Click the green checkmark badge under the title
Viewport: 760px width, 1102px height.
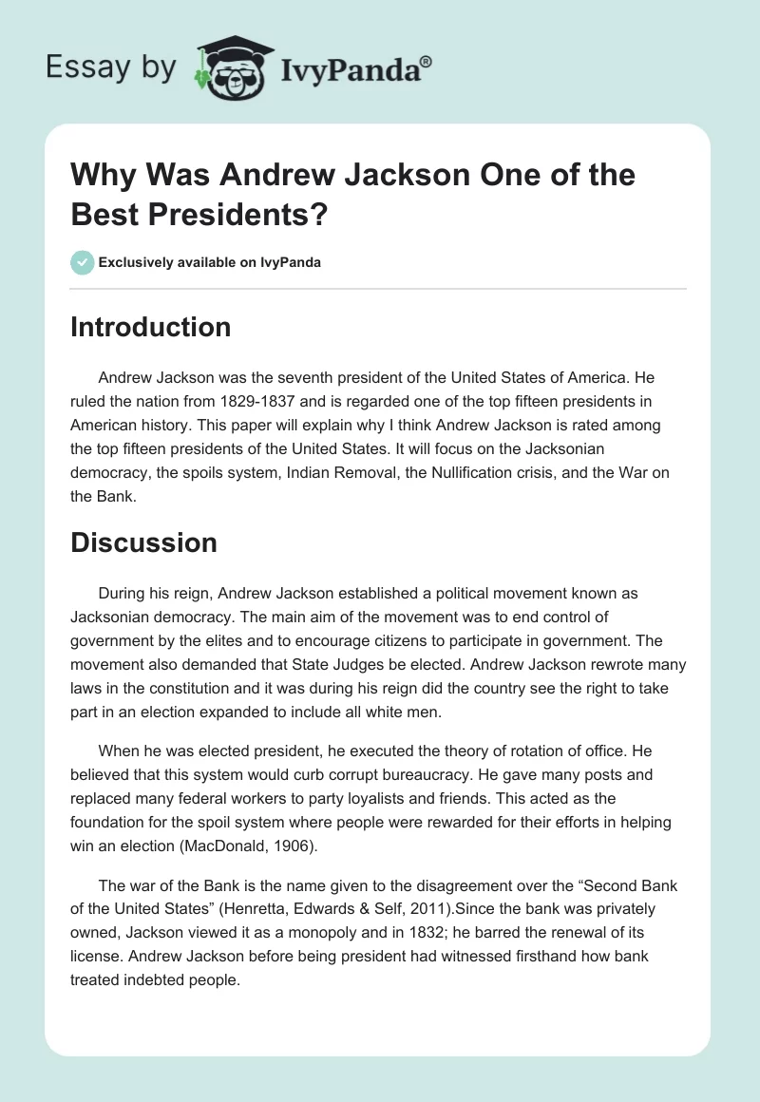83,262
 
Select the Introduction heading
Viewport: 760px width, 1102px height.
150,327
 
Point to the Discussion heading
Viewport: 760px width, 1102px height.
143,542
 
